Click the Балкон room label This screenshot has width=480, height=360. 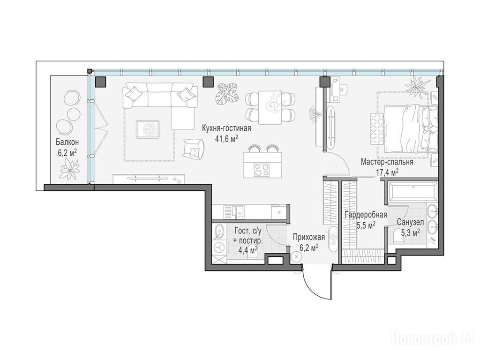tap(67, 142)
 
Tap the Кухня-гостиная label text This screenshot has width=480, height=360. tap(226, 128)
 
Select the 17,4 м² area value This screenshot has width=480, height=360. tap(387, 172)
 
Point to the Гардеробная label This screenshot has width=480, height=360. tap(366, 215)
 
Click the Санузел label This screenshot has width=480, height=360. tap(410, 222)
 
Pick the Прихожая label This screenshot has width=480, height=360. tap(308, 237)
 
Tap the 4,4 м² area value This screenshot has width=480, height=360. tap(248, 250)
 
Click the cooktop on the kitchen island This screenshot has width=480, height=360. tap(262, 170)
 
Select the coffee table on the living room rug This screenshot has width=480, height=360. tap(148, 129)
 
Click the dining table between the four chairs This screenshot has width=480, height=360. tap(270, 107)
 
